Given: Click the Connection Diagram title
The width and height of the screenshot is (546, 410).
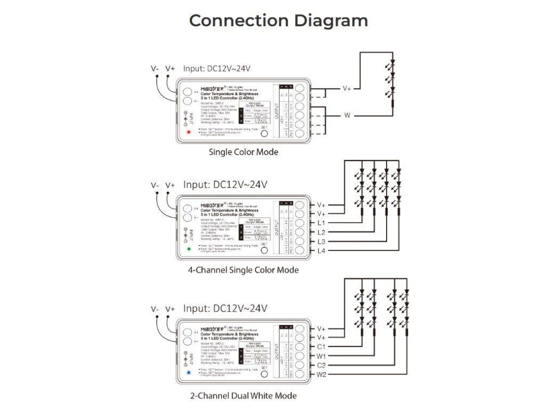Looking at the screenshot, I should point(278,21).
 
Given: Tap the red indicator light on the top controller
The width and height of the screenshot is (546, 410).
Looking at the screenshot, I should point(188,132).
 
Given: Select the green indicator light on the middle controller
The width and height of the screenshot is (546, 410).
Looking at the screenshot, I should point(188,249).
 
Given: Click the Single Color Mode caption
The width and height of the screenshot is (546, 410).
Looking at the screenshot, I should point(243,152).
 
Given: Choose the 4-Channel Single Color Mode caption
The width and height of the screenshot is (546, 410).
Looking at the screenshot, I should point(243,270).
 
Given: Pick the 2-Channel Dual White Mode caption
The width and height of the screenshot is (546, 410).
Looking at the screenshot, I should point(243,396).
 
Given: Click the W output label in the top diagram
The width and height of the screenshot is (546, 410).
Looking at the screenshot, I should point(347,115).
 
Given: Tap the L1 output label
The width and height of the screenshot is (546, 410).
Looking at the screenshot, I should point(321,223).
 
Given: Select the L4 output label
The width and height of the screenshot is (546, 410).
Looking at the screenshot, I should point(321,251).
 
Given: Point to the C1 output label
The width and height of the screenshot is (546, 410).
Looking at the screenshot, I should point(321,347).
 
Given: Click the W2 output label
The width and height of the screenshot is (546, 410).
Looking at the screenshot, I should point(321,375).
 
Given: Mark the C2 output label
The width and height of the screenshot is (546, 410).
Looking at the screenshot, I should point(321,366).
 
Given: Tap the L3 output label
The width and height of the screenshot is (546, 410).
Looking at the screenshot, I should point(321,242).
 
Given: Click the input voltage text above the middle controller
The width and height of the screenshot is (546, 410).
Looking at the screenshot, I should point(225,185).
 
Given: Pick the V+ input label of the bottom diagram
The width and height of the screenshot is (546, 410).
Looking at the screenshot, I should point(170,309).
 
